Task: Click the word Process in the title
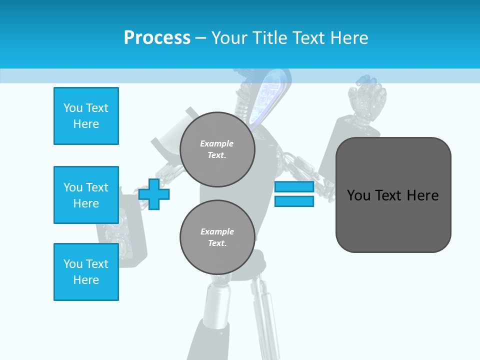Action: point(157,37)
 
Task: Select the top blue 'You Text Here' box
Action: point(86,116)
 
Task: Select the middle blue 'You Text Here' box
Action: point(86,195)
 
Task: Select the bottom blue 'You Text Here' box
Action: point(86,271)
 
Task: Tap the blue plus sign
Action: point(154,194)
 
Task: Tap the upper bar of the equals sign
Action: point(294,187)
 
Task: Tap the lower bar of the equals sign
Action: point(294,201)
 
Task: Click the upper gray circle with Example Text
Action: point(217,149)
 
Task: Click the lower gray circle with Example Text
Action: point(217,237)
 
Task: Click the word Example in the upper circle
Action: point(217,143)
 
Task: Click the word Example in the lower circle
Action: point(217,231)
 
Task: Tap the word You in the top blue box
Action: point(72,108)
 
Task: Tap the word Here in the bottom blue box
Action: point(86,280)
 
